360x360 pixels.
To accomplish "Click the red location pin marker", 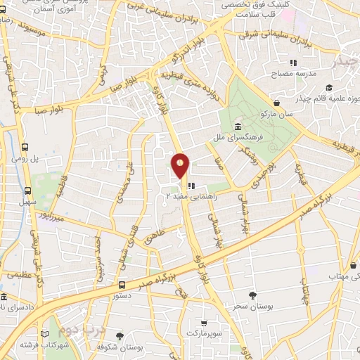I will [x=180, y=166].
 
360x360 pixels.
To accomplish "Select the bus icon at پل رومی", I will [x=26, y=148].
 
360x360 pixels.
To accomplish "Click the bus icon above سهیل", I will [x=28, y=191].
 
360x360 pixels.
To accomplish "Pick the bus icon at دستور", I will [x=122, y=285].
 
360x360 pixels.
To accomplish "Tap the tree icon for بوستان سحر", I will [x=252, y=295].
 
